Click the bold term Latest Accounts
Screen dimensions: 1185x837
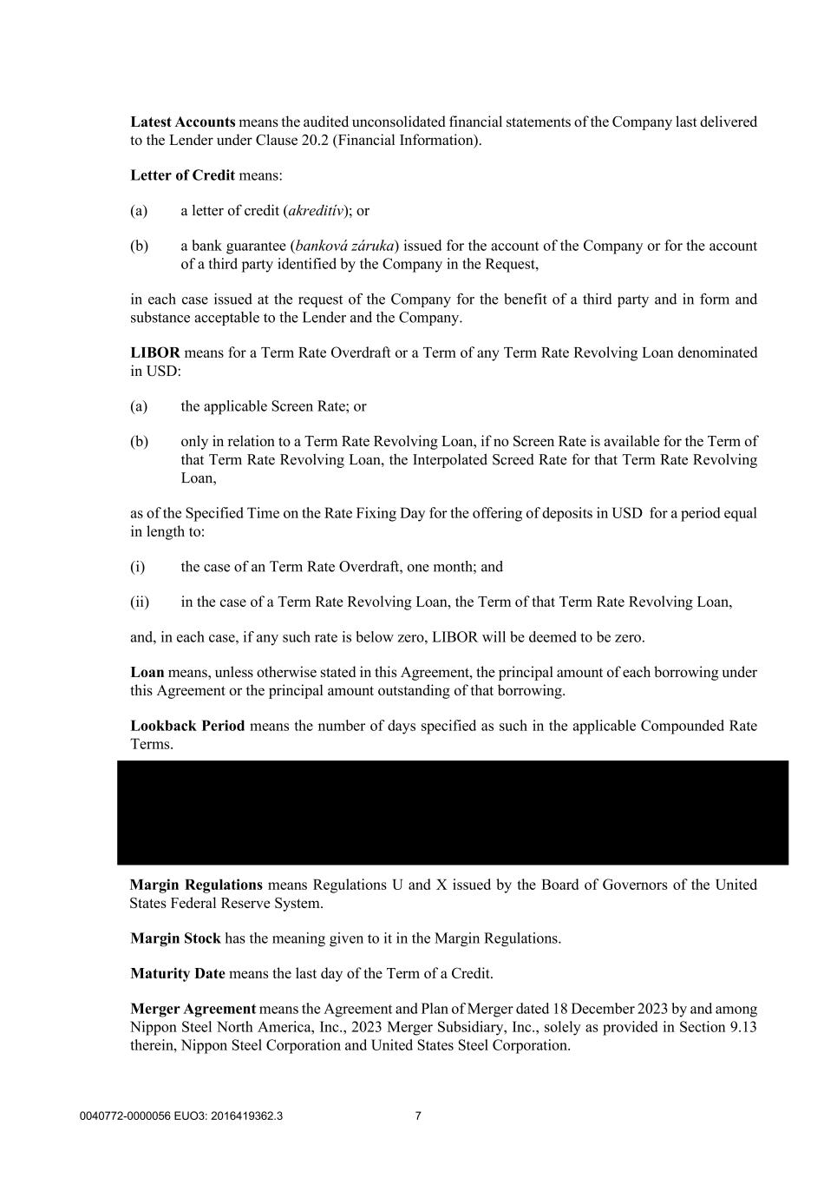[182, 122]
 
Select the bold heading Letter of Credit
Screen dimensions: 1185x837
[182, 175]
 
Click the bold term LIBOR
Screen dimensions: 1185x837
[155, 352]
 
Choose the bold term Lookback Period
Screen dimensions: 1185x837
[187, 726]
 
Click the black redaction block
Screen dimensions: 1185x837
[453, 813]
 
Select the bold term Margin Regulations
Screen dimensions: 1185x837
[196, 885]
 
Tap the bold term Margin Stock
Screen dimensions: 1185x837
[175, 938]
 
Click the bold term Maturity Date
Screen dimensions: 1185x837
[177, 974]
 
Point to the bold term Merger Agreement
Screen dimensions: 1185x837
[193, 1009]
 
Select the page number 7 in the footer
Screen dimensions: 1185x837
[418, 1116]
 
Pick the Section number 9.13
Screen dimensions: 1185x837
[742, 1027]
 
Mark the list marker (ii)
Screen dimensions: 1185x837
[140, 602]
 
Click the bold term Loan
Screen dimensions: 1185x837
[147, 673]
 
